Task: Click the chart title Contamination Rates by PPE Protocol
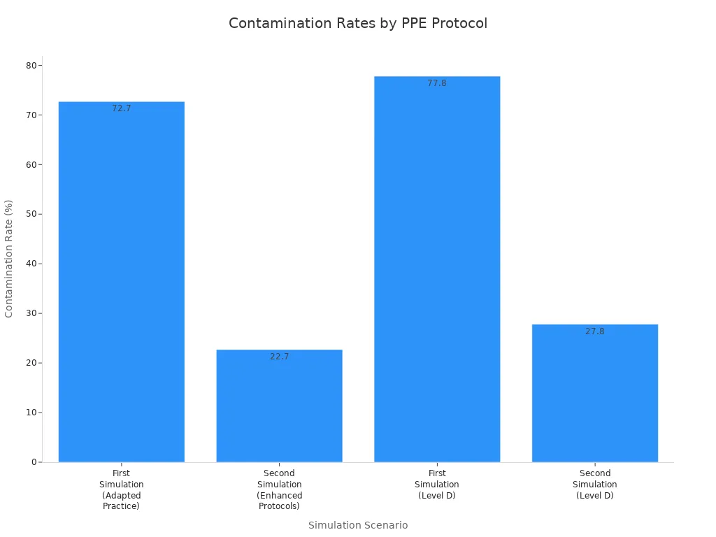(358, 23)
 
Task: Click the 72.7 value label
(122, 108)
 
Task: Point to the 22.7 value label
(280, 357)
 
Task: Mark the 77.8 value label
(437, 83)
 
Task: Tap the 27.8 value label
(595, 331)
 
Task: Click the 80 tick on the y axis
(31, 66)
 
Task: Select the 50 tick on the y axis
(31, 214)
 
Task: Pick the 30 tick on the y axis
(31, 313)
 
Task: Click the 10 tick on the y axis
(31, 413)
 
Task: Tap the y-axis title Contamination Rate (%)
(9, 259)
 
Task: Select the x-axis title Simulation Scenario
(358, 525)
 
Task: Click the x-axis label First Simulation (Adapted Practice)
(122, 489)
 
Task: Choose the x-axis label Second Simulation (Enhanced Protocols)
(280, 489)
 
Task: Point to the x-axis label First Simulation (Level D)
(437, 485)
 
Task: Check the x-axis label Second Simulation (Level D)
(595, 485)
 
